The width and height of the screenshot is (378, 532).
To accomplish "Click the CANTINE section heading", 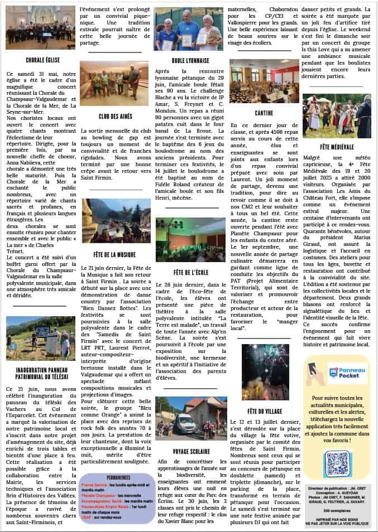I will pos(265,113).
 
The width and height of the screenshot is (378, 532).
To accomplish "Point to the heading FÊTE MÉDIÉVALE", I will pos(336,146).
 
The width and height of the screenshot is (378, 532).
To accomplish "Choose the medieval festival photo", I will pos(337,116).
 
